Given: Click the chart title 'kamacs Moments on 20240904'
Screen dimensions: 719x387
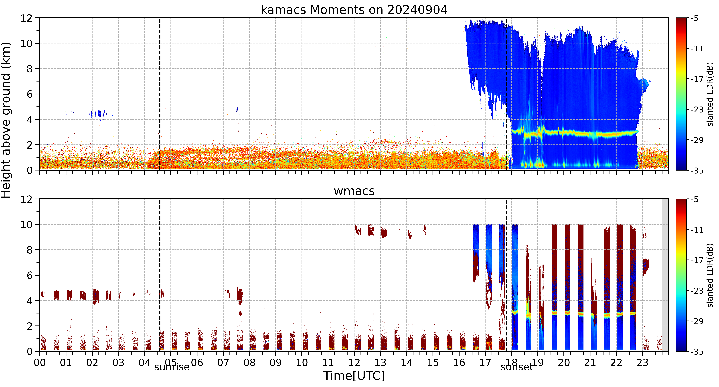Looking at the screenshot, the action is click(354, 10).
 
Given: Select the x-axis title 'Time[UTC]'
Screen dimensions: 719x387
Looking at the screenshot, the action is click(354, 376).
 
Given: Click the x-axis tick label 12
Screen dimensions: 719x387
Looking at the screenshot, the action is click(354, 362).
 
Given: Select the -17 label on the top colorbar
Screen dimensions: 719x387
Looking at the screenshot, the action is click(697, 79).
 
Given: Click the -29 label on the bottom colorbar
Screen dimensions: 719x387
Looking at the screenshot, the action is click(697, 321).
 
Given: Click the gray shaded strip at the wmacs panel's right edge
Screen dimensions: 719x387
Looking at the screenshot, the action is click(665, 275).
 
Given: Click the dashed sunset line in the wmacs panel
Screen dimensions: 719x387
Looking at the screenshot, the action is click(506, 275).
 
